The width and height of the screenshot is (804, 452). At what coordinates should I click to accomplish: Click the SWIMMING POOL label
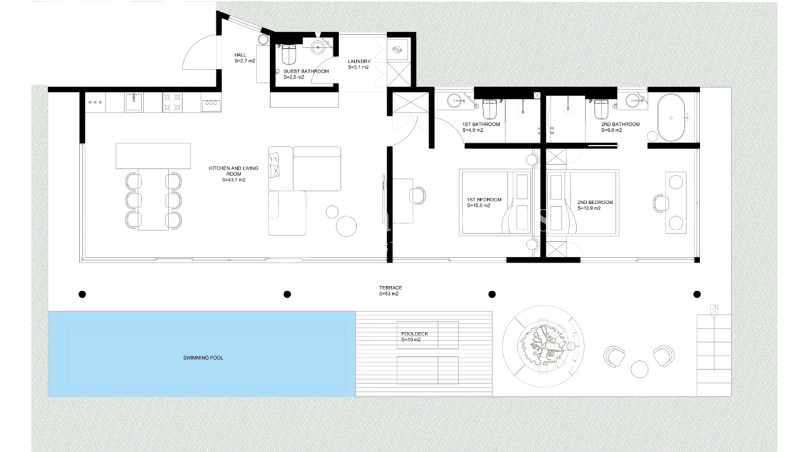[x=203, y=358]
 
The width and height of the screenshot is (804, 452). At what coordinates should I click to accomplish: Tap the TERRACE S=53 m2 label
[x=390, y=291]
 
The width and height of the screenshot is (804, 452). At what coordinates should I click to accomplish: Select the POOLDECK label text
[x=414, y=334]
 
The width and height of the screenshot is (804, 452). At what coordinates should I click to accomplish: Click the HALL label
[x=241, y=55]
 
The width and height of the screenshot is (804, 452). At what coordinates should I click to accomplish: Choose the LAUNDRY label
[x=359, y=61]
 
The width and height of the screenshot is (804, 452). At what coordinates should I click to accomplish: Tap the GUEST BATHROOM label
[x=306, y=71]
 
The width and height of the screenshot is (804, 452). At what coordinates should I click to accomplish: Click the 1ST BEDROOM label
[x=484, y=200]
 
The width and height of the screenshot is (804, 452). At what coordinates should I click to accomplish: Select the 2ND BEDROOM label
[x=595, y=202]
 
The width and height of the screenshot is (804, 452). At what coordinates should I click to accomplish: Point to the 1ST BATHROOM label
[x=481, y=124]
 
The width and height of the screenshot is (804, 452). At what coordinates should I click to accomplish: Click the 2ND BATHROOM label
[x=620, y=124]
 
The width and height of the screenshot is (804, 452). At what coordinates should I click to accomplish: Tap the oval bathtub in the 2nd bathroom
[x=671, y=118]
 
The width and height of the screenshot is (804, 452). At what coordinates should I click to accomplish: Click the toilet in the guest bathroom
[x=288, y=54]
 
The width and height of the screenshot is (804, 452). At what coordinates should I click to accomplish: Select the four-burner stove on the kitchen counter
[x=172, y=102]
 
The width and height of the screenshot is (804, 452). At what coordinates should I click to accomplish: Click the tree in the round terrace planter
[x=544, y=345]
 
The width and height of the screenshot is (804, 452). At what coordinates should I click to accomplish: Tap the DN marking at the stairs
[x=715, y=307]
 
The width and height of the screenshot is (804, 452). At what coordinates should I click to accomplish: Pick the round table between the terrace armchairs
[x=639, y=369]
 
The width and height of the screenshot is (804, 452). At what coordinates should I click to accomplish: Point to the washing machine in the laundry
[x=398, y=50]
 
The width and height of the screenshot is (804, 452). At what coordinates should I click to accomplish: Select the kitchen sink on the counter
[x=134, y=102]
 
